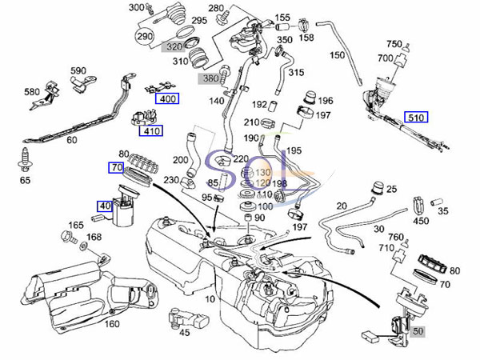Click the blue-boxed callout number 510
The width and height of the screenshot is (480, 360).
point(416,117)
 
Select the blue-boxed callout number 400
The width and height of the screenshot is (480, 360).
point(166,99)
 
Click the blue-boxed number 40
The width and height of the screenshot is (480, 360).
point(105,206)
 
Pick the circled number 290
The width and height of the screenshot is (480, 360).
point(145,38)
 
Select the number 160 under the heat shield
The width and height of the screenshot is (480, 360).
point(111,324)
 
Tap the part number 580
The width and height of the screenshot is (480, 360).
point(32,92)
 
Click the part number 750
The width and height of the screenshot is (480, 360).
point(394,44)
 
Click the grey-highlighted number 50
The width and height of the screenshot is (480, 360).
point(419,329)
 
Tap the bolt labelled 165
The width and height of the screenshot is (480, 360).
point(65,238)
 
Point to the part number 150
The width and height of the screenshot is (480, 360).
point(337,55)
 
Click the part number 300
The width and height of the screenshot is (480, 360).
point(136,7)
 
